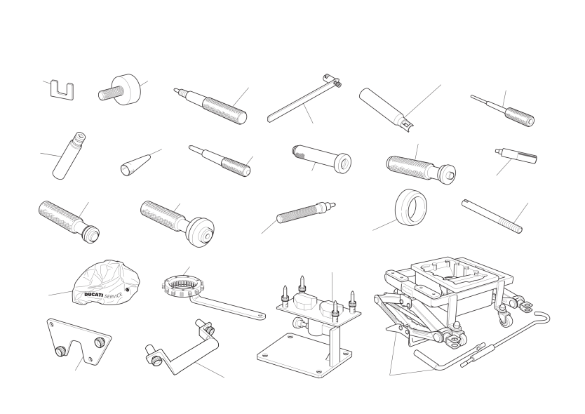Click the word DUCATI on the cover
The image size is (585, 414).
[x=93, y=295]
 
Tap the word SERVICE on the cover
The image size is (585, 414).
[x=113, y=295]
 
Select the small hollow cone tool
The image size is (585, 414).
[x=133, y=164]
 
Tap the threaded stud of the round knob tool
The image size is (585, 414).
[x=109, y=93]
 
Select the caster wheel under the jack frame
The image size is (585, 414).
[x=506, y=319]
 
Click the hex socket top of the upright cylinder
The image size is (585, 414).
[x=80, y=137]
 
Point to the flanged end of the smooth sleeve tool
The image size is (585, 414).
[x=342, y=163]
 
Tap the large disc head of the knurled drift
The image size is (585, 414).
[x=201, y=232]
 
